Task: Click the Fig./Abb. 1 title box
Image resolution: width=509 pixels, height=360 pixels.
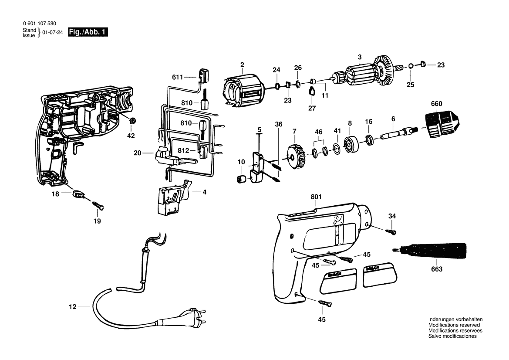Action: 88,32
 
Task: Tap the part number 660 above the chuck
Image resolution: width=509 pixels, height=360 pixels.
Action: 436,104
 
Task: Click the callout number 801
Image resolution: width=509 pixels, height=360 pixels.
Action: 316,197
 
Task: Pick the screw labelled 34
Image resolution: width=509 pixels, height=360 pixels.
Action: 391,232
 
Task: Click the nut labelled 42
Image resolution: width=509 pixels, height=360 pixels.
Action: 132,121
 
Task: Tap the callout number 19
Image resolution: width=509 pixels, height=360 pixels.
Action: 97,221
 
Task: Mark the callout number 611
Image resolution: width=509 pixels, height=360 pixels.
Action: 178,77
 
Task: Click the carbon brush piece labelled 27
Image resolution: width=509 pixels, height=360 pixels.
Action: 312,91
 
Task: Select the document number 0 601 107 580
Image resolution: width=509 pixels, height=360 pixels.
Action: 39,24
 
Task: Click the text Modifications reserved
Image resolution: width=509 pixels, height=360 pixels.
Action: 454,325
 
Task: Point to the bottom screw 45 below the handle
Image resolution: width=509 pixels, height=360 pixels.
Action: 325,303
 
